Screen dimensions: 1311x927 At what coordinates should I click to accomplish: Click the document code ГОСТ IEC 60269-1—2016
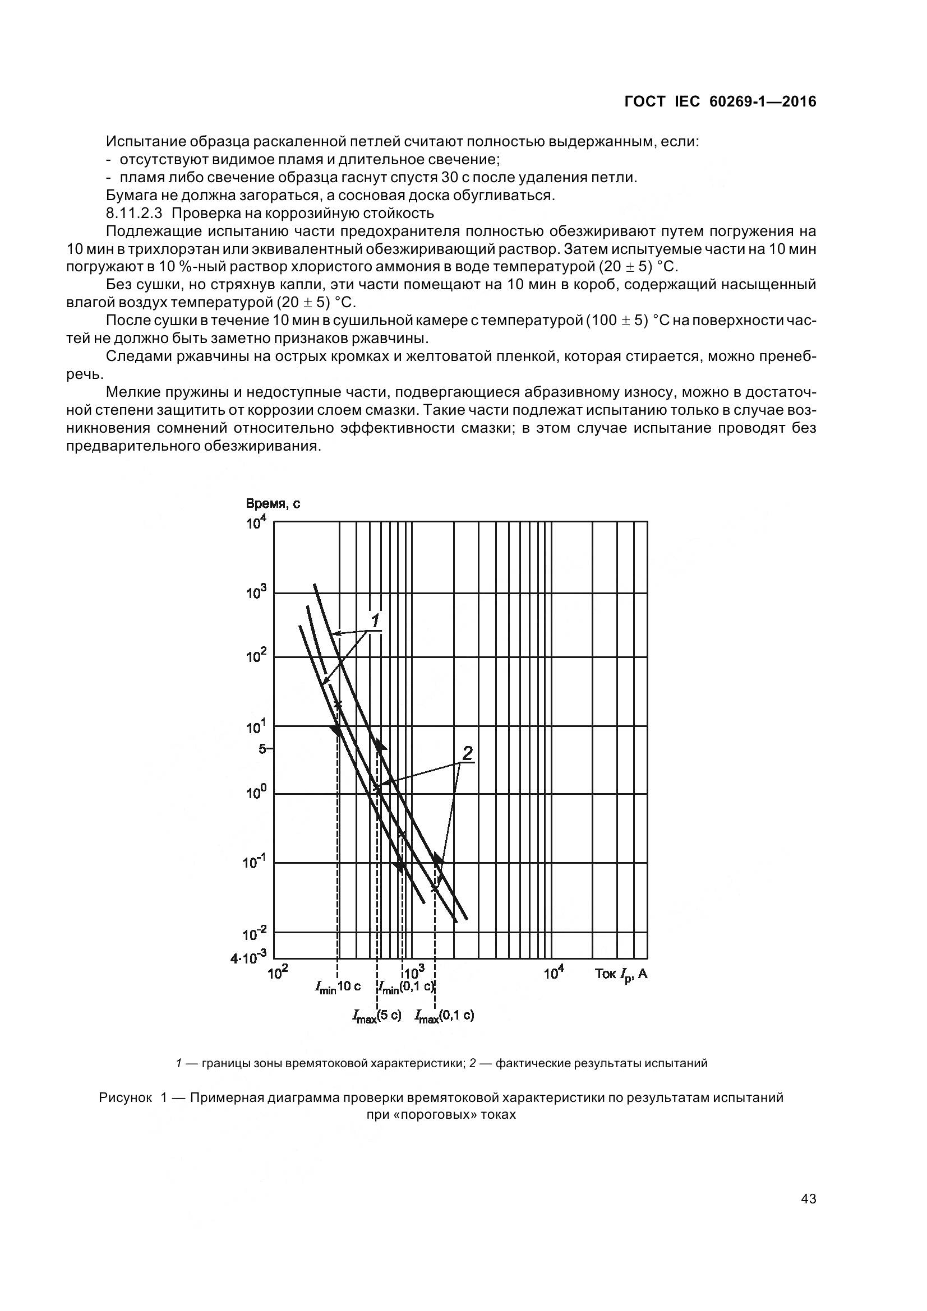(x=720, y=101)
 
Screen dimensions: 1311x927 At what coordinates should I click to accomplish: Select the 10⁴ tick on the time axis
(x=256, y=522)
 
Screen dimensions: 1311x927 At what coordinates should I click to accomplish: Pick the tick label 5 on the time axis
(x=262, y=749)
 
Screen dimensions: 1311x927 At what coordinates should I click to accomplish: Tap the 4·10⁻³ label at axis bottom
(x=248, y=957)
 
